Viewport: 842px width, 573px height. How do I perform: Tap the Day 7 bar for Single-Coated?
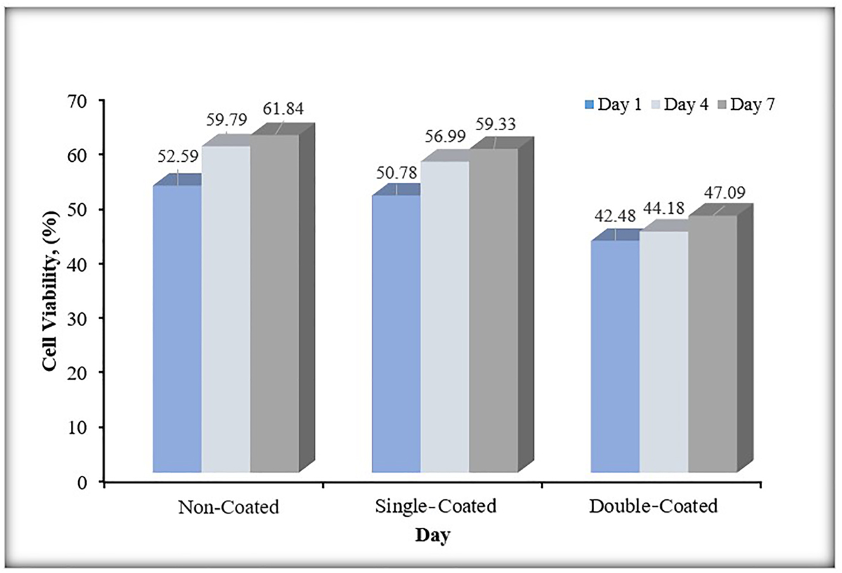493,311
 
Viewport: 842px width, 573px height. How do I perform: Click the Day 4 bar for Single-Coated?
445,317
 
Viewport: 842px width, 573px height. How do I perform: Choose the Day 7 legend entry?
748,105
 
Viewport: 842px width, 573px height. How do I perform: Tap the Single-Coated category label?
435,506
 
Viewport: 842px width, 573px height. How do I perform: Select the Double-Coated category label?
653,506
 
